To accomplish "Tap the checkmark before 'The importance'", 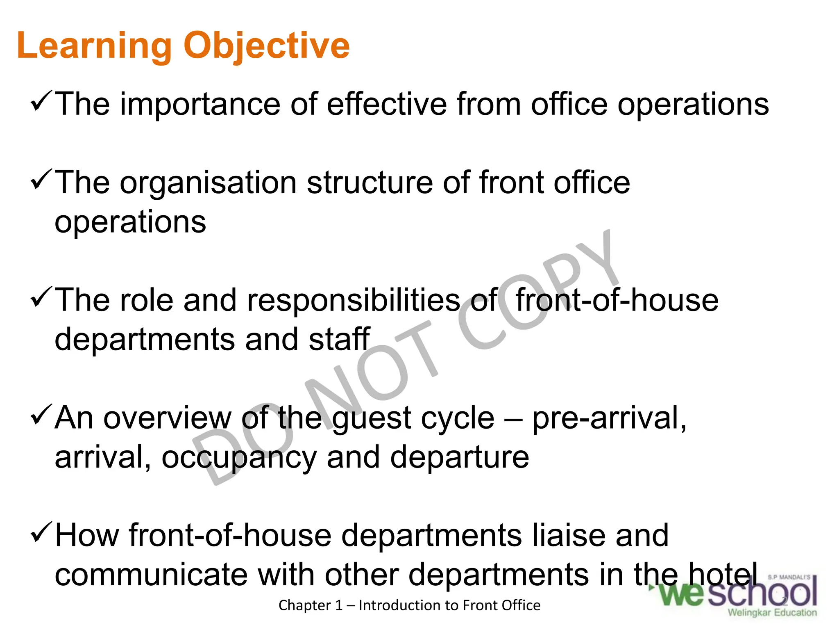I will coord(41,102).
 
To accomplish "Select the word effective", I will coord(387,104).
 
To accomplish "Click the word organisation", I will coord(208,184).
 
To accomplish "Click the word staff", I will coord(339,340).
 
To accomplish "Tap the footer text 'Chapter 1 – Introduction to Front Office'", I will coord(409,605).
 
